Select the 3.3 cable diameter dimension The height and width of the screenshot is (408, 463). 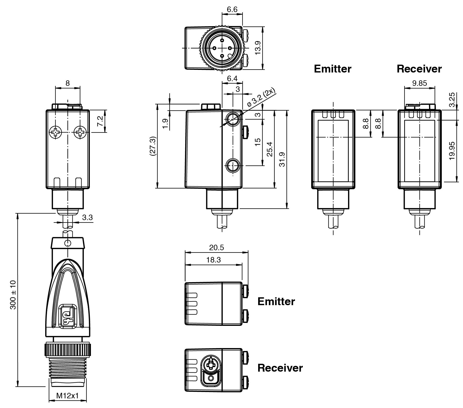pyautogui.click(x=87, y=217)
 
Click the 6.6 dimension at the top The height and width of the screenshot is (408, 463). pyautogui.click(x=232, y=9)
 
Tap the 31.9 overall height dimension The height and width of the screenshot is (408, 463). pyautogui.click(x=282, y=159)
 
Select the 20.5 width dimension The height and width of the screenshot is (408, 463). pyautogui.click(x=217, y=247)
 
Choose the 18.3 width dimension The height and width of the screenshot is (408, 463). pyautogui.click(x=213, y=260)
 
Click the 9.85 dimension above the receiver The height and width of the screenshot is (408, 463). pyautogui.click(x=419, y=83)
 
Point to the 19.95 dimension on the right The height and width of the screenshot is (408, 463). pyautogui.click(x=452, y=151)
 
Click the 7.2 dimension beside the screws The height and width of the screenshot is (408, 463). pyautogui.click(x=101, y=121)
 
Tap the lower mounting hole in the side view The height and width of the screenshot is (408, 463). pyautogui.click(x=232, y=165)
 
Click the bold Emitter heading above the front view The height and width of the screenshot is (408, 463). pyautogui.click(x=332, y=69)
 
